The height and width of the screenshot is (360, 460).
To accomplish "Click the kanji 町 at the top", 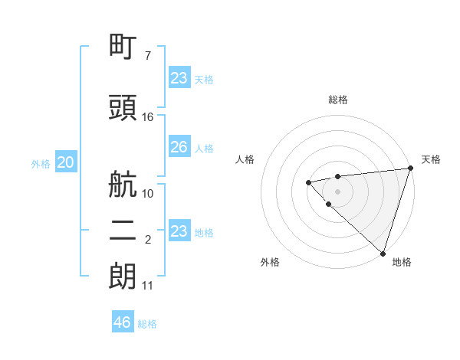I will [123, 47].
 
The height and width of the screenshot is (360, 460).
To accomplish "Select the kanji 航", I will [123, 185].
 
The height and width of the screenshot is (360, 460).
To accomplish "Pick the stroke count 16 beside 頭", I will [148, 117].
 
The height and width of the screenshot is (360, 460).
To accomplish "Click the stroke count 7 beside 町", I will [148, 56].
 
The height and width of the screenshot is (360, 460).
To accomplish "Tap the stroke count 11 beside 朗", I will [148, 286].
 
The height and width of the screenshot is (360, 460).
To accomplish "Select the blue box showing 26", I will [179, 147].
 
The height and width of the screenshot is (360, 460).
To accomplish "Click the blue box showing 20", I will [66, 162].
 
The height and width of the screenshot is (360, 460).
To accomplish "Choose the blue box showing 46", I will [123, 322].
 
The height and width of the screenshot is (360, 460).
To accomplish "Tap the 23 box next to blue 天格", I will [179, 78].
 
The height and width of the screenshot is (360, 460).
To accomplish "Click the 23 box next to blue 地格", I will [179, 231].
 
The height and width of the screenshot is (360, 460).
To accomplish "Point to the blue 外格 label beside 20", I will [41, 163].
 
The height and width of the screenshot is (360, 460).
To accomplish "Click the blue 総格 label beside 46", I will [147, 324].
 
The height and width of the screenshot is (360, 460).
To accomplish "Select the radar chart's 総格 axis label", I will [338, 100].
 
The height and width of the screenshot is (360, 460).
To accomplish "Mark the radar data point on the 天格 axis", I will [410, 168].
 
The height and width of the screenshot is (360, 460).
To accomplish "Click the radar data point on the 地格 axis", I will [383, 253].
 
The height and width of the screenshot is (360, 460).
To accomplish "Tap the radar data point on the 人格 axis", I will [308, 182].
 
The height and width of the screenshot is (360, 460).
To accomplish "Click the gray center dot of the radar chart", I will [337, 191].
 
